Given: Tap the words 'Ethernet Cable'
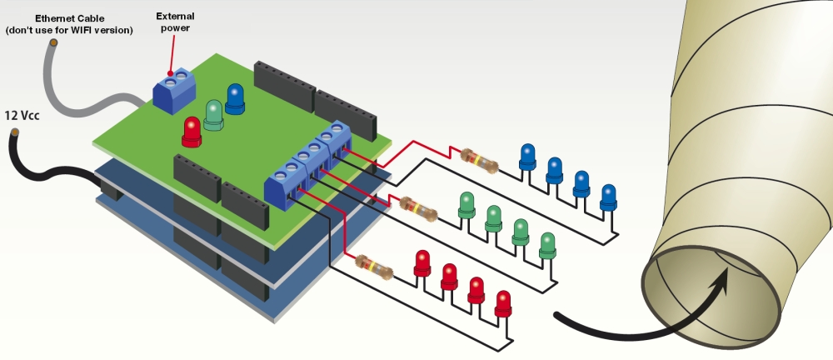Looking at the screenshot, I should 69,17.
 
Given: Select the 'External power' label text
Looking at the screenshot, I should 176,22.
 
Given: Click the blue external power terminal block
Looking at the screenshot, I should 172,92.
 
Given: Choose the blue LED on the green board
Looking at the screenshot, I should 236,98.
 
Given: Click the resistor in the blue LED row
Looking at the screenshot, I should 480,161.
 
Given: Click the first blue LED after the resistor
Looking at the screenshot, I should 527,156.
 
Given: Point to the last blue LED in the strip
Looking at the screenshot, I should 609,197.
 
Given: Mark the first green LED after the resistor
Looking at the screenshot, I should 467,204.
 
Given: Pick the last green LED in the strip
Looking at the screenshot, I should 547,244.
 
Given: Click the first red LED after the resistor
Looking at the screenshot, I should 422,262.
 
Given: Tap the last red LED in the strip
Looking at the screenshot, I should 502,302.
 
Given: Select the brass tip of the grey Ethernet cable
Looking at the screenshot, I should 52,42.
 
